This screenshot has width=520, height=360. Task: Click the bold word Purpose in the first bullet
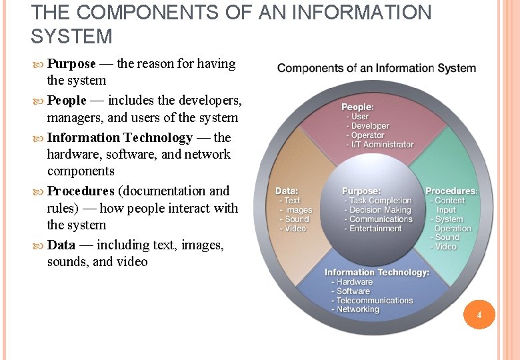[x=71, y=64]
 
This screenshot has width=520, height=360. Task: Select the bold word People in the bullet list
[x=67, y=101]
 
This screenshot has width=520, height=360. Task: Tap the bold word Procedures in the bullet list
[x=81, y=191]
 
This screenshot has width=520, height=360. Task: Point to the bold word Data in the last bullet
[x=61, y=245]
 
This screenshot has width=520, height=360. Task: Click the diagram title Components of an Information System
[x=377, y=68]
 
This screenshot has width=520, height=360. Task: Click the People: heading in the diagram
[x=358, y=107]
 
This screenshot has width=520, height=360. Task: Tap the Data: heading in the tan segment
[x=287, y=191]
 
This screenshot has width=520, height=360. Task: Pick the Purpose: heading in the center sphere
[x=361, y=191]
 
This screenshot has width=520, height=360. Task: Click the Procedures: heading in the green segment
[x=451, y=191]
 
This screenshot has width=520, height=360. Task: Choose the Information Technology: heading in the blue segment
[x=377, y=272]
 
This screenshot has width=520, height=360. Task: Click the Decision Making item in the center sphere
[x=380, y=210]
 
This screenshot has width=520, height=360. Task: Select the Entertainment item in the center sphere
[x=375, y=229]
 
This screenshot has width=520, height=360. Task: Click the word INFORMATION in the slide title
[x=361, y=12]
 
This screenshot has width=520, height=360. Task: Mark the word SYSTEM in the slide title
[x=71, y=36]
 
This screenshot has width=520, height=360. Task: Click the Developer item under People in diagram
[x=370, y=126]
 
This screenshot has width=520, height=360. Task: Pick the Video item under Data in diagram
[x=295, y=229]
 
